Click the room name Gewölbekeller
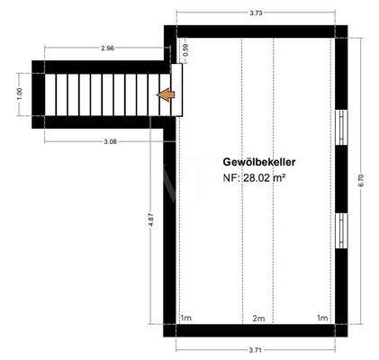[261, 161]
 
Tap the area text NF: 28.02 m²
[255, 178]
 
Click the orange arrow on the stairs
[167, 94]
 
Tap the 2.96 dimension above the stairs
[108, 47]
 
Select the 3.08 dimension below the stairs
[112, 141]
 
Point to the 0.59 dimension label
[185, 51]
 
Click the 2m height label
[258, 319]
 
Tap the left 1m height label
[186, 319]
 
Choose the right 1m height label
[322, 319]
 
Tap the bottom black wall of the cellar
[256, 330]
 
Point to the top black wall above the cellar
[256, 32]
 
